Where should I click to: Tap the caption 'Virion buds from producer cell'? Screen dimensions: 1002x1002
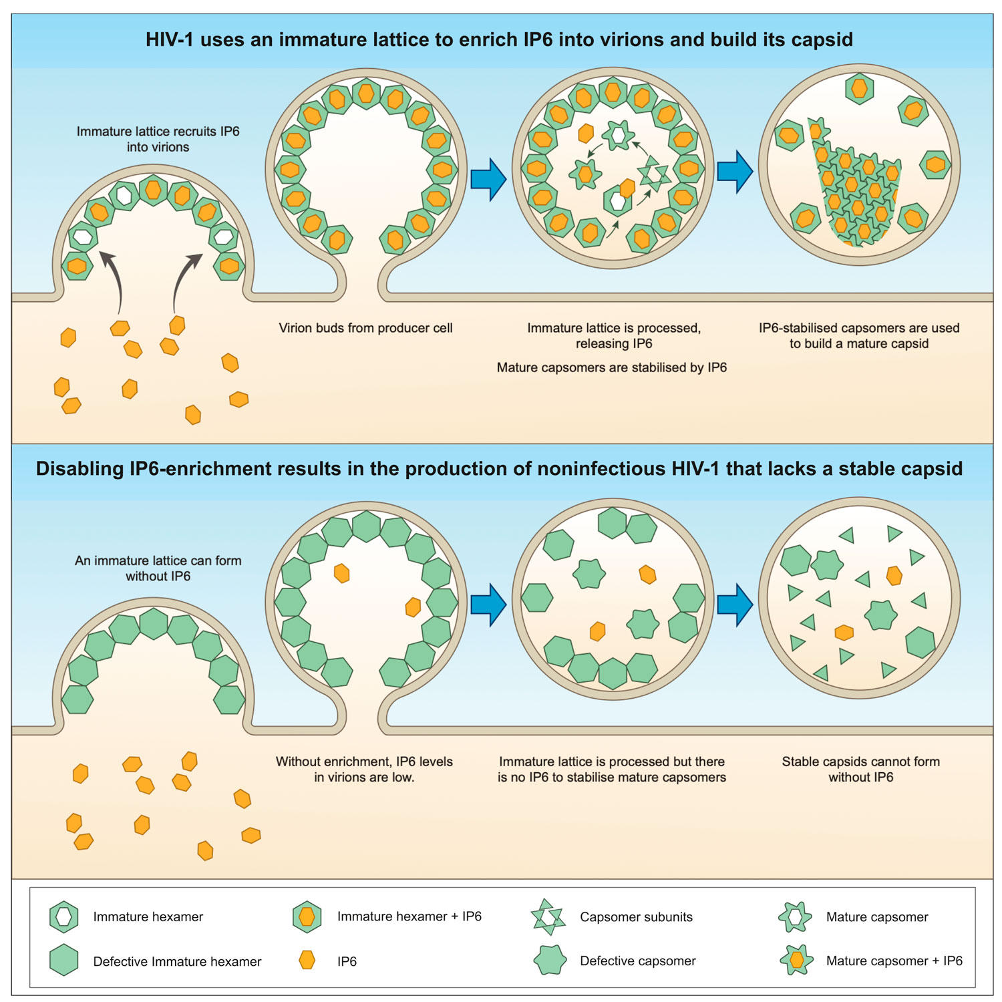pyautogui.click(x=365, y=328)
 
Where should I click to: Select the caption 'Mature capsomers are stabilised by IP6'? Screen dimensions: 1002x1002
pyautogui.click(x=611, y=367)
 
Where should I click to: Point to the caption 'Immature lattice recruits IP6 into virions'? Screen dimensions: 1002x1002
pyautogui.click(x=158, y=139)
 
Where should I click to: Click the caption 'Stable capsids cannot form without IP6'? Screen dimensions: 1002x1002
pyautogui.click(x=860, y=769)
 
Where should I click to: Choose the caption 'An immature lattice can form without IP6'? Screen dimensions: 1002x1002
pyautogui.click(x=158, y=568)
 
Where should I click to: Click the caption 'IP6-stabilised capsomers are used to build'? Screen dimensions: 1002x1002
pyautogui.click(x=859, y=335)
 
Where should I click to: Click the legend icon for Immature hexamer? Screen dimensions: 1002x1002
pyautogui.click(x=64, y=917)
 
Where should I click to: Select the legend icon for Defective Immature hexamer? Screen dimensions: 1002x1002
pyautogui.click(x=64, y=961)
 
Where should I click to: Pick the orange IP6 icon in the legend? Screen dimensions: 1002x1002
pyautogui.click(x=307, y=961)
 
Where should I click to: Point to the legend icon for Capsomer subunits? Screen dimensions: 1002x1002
pyautogui.click(x=548, y=917)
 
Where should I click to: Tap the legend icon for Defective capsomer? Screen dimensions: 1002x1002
pyautogui.click(x=550, y=961)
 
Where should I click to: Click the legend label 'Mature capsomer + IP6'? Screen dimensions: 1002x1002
pyautogui.click(x=894, y=961)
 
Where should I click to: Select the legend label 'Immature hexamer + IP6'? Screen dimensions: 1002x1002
pyautogui.click(x=409, y=916)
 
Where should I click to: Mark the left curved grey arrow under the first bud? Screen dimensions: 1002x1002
pyautogui.click(x=113, y=281)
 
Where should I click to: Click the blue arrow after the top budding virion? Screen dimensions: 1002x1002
pyautogui.click(x=488, y=179)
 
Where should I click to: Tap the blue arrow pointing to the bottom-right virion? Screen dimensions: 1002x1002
pyautogui.click(x=735, y=605)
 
